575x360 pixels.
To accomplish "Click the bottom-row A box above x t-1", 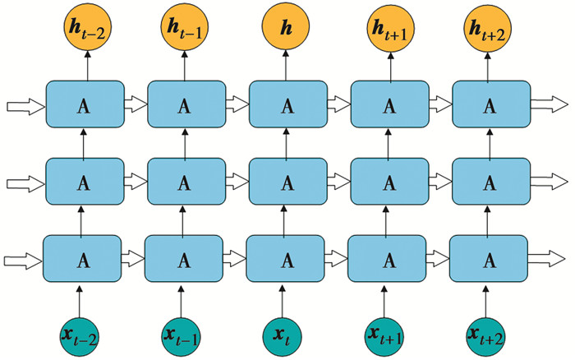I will tap(183, 260).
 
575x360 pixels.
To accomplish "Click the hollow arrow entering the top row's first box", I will tap(22, 105).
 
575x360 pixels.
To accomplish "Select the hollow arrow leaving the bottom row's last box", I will tap(546, 260).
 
